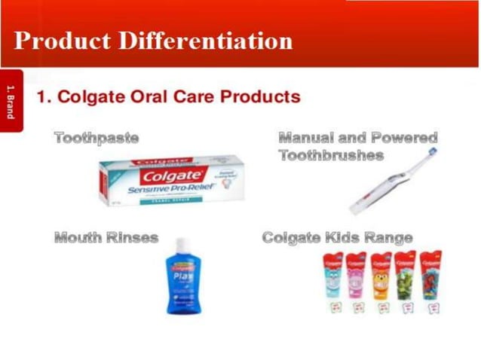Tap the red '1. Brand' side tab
click(x=11, y=101)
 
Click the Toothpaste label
click(x=97, y=138)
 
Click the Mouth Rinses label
click(x=106, y=238)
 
